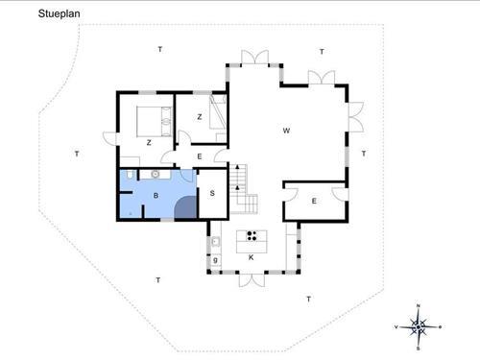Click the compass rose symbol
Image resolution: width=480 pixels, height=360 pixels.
click(419, 326)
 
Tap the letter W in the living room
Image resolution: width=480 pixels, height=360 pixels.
click(286, 131)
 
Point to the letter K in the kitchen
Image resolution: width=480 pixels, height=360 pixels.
click(250, 257)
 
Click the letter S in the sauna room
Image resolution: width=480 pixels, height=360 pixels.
click(211, 192)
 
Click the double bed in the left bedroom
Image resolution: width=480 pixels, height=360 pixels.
click(153, 121)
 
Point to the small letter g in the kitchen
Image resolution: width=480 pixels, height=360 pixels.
click(216, 259)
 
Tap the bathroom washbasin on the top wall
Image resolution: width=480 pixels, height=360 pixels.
click(154, 174)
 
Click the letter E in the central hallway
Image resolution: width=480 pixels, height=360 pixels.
click(199, 156)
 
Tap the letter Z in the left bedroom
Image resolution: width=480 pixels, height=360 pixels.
click(149, 142)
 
